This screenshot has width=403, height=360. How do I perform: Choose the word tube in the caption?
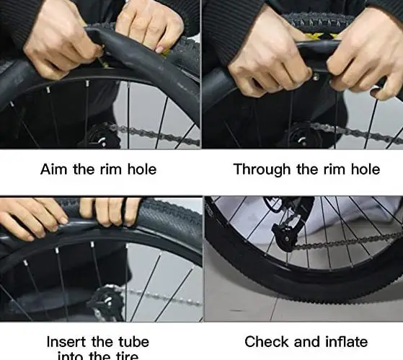(131, 341)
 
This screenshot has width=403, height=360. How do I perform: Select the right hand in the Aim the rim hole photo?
(148, 25)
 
